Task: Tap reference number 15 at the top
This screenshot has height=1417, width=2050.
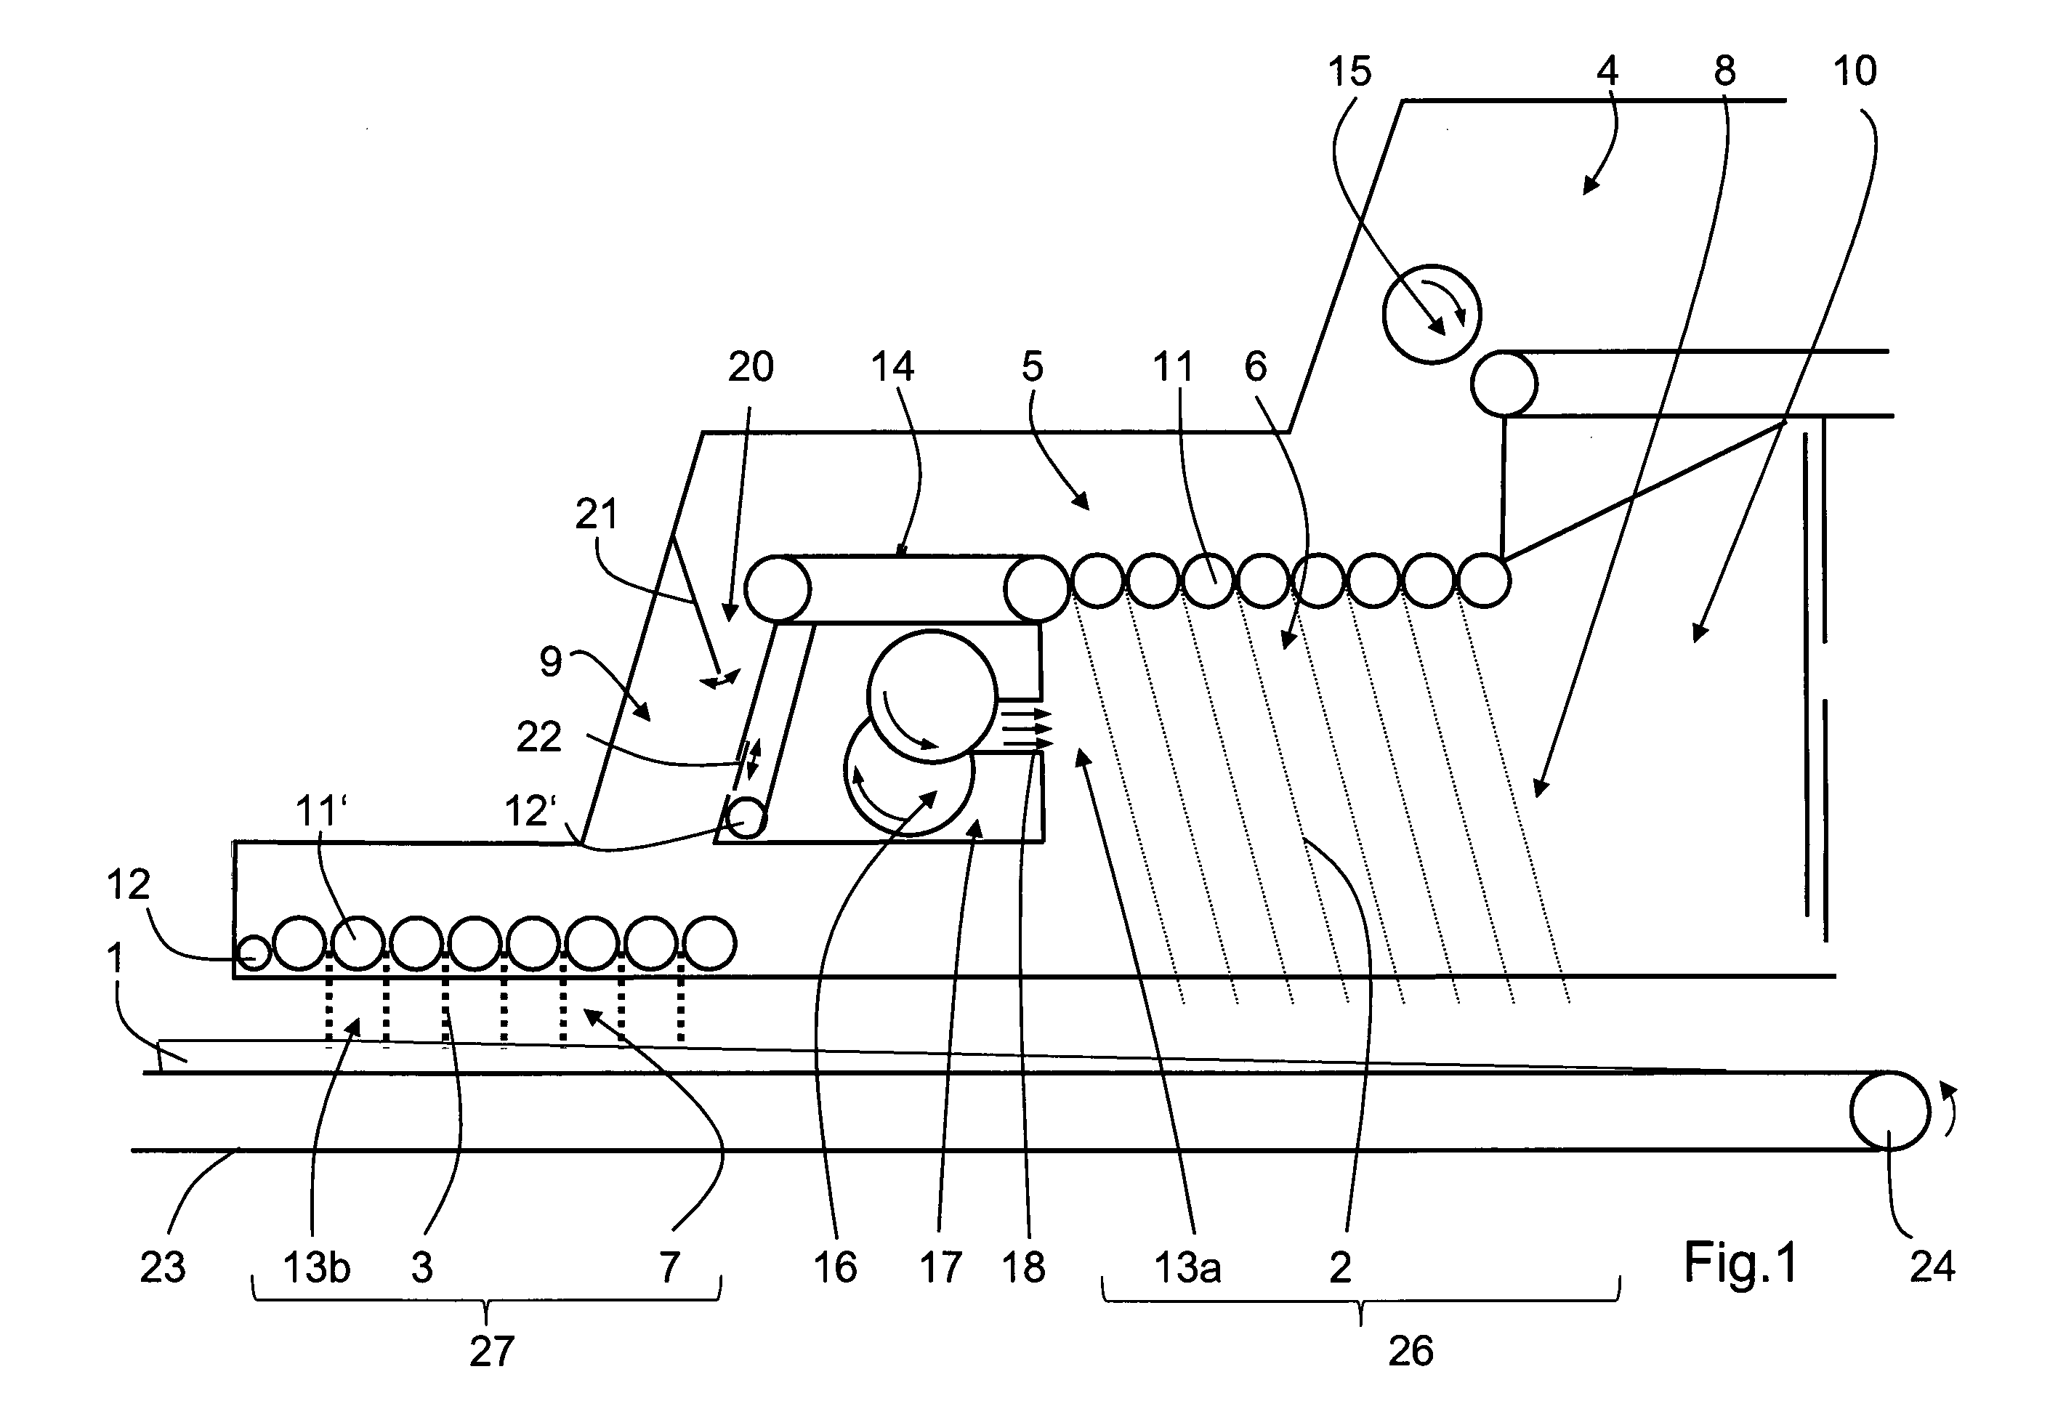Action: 1349,71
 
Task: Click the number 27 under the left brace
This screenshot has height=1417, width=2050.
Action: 491,1352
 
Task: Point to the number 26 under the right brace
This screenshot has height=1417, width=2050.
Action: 1410,1352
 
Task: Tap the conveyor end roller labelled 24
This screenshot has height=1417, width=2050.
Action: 1890,1110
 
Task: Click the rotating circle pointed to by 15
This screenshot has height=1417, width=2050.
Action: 1432,315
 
